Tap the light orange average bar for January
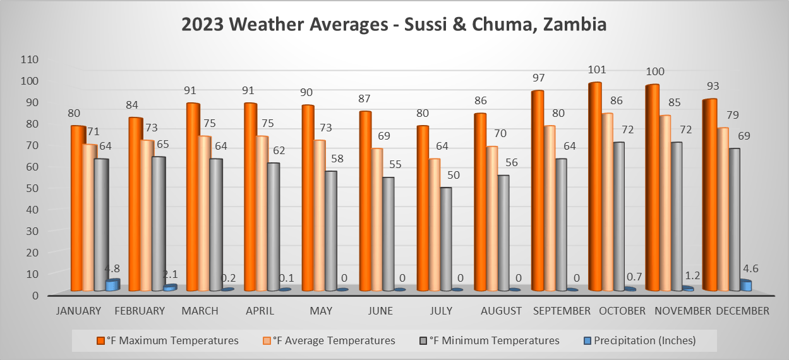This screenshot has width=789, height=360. tap(89, 218)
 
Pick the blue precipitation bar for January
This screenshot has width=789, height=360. tap(112, 285)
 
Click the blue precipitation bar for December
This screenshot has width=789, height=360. tap(745, 285)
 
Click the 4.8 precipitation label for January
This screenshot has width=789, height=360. tap(112, 268)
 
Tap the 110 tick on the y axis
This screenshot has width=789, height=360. tap(30, 59)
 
